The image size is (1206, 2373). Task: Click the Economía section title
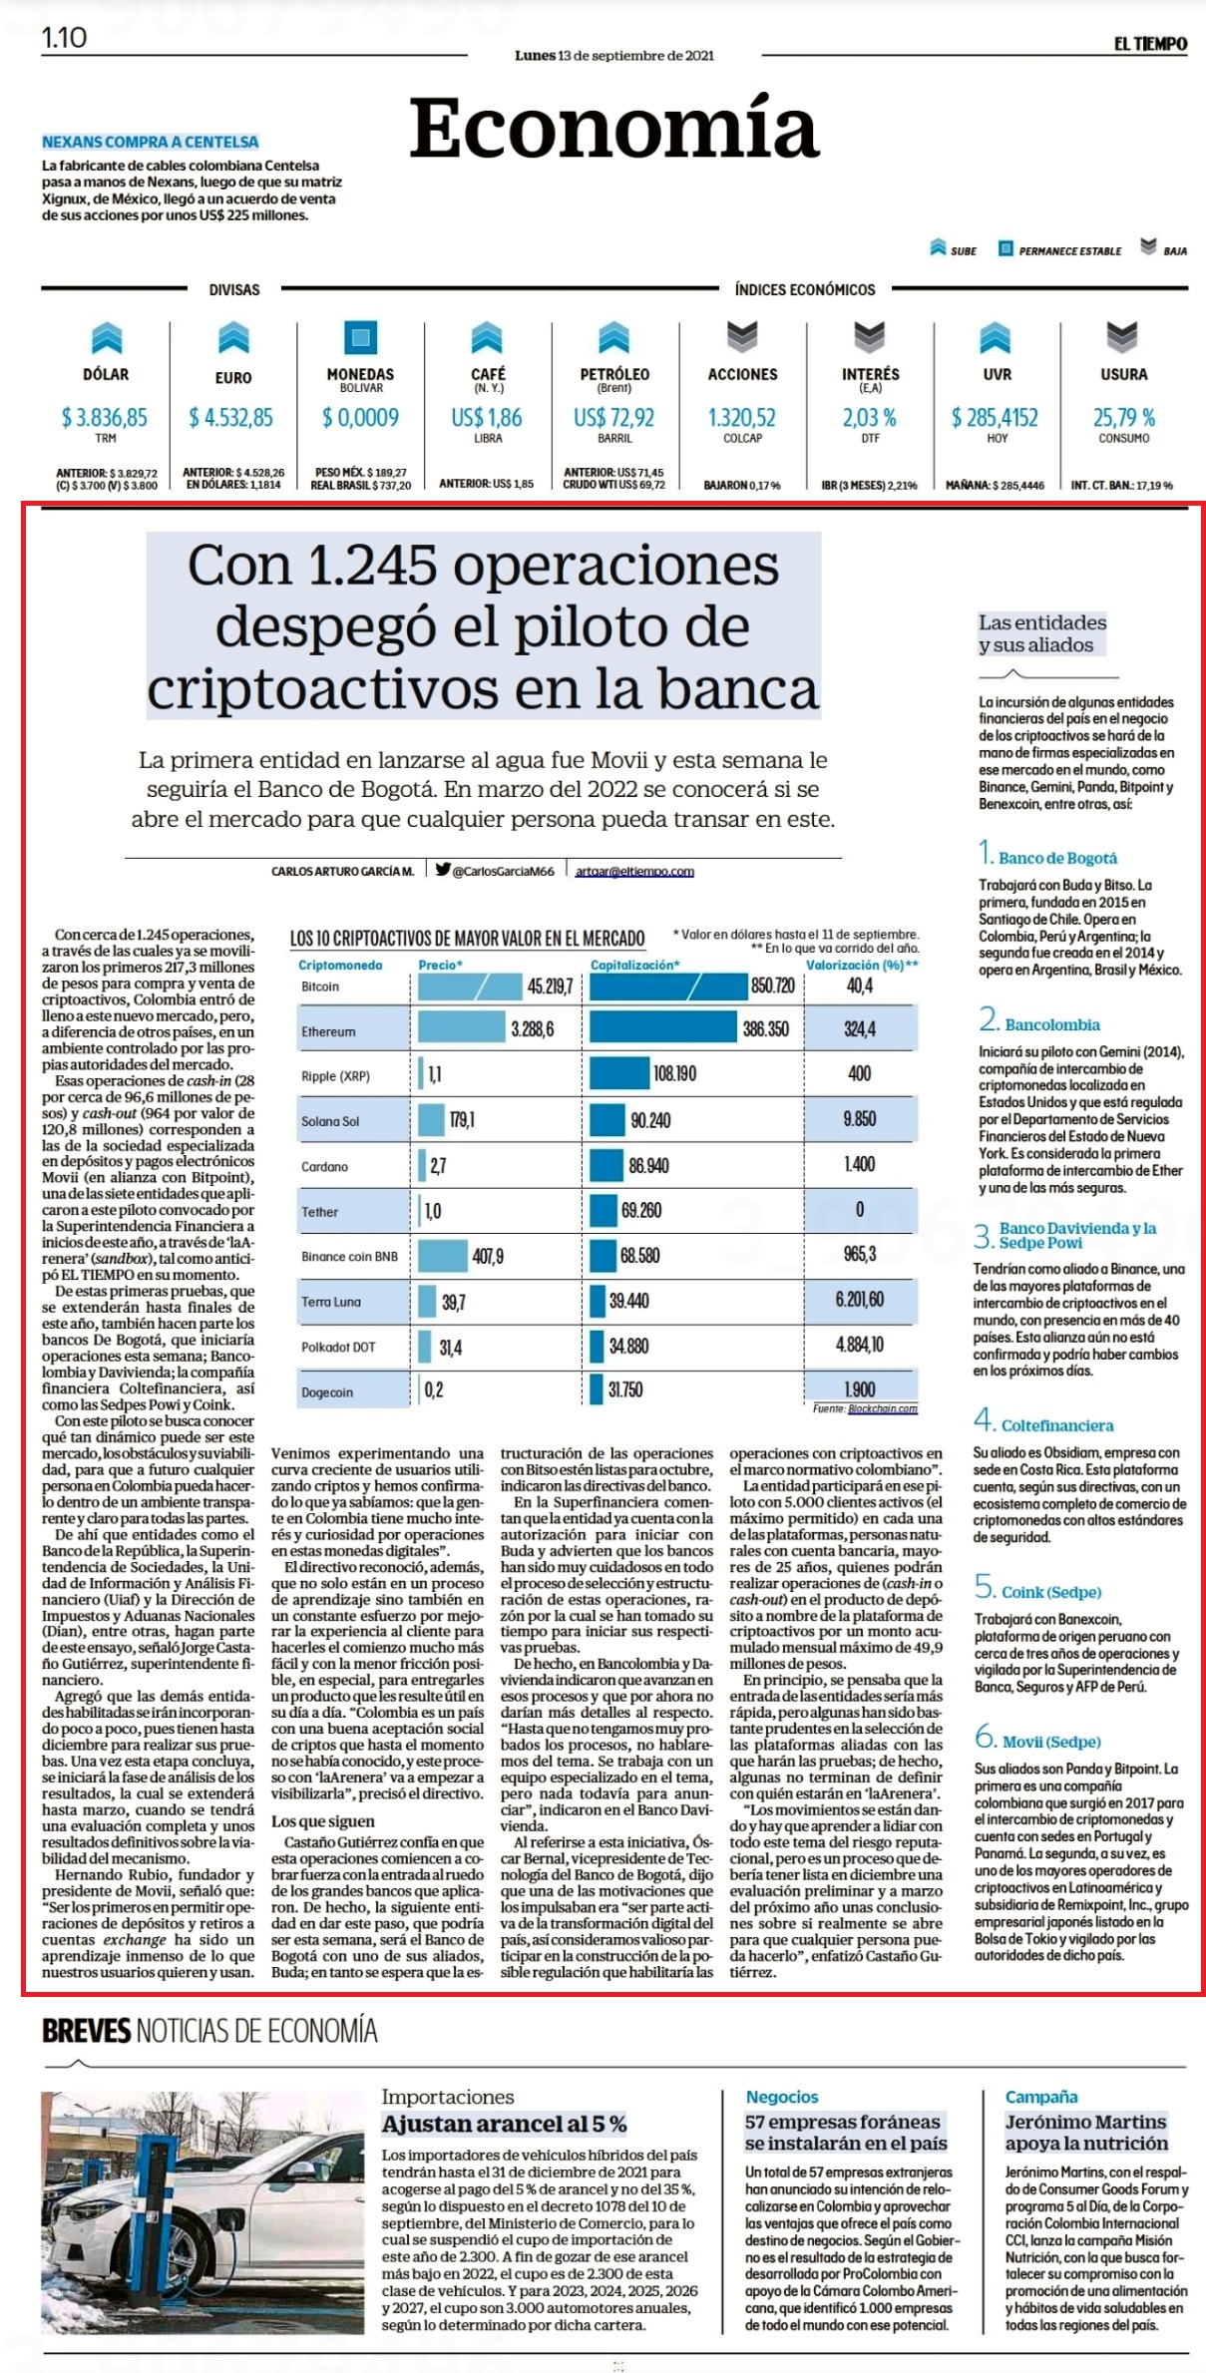point(614,128)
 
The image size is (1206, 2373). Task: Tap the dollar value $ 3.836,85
point(105,417)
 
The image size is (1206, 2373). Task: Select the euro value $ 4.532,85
point(231,417)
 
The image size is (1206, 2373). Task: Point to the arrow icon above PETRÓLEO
point(614,337)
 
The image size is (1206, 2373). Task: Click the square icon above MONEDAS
point(361,337)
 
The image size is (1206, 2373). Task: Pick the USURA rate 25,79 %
point(1124,417)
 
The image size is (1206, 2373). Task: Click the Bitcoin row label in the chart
point(320,987)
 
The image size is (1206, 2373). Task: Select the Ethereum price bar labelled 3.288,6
point(463,1027)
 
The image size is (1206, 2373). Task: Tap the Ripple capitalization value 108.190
point(675,1074)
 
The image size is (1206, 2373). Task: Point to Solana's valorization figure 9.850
point(860,1119)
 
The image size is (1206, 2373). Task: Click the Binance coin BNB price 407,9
point(488,1256)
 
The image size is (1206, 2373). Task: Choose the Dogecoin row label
point(327,1392)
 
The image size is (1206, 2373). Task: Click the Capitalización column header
point(635,965)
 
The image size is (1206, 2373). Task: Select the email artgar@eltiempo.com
point(634,871)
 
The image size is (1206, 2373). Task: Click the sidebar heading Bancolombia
point(1052,1024)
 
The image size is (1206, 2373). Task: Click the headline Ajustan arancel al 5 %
point(505,2125)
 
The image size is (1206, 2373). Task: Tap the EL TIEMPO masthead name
point(1150,43)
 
